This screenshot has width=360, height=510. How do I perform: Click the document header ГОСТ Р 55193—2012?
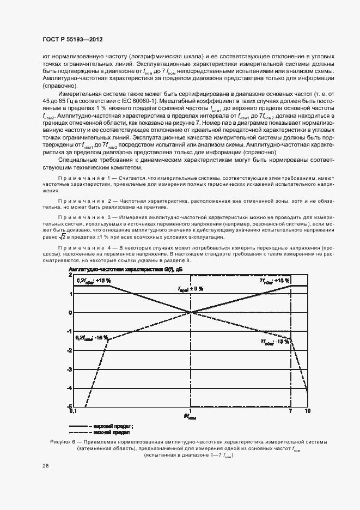pos(73,40)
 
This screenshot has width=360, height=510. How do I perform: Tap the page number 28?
pos(46,465)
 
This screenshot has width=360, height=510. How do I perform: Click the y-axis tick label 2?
pos(70,276)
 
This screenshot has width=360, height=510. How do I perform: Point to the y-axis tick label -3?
pos(69,369)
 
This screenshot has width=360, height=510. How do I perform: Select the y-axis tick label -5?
pos(69,406)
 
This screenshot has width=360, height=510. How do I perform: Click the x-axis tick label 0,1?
pos(70,412)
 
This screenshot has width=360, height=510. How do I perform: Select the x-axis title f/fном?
pos(190,416)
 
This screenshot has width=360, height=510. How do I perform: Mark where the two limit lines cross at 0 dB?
pos(190,312)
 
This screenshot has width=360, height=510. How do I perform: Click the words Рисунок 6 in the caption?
pos(56,441)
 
